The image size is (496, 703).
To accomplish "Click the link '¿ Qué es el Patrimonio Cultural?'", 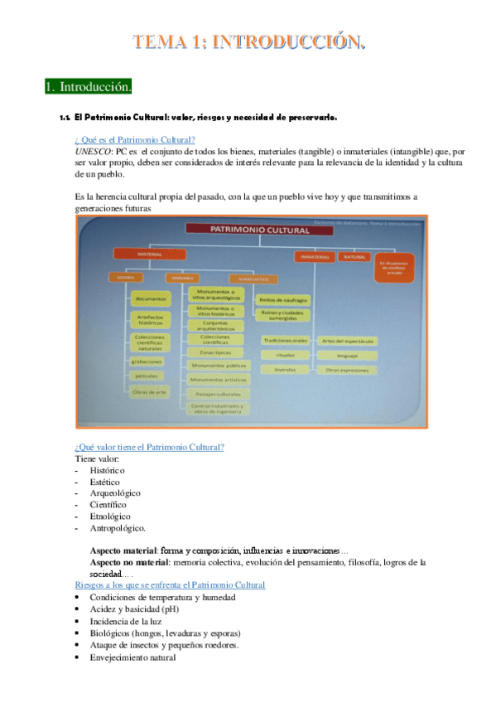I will point(135,139).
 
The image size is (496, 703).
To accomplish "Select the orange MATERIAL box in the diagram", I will point(150,255).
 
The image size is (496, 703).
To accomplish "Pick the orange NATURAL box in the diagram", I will point(354,258).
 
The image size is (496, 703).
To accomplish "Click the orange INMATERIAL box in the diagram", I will point(314,258).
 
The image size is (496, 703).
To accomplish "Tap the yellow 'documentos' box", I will point(151,298).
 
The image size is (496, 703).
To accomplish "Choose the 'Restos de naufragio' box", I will point(284,299).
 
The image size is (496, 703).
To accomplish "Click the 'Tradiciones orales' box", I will point(285,341).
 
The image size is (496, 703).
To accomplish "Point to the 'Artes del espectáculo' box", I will point(348,341).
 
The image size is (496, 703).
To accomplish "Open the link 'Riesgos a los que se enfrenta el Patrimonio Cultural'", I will point(170,585).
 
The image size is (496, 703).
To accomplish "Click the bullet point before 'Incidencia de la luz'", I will point(78,622).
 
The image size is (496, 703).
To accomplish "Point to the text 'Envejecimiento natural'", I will point(132,657).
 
